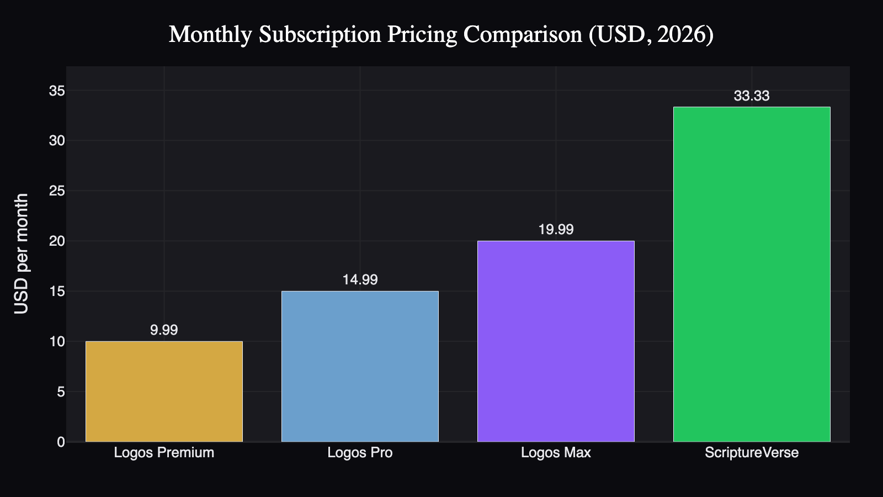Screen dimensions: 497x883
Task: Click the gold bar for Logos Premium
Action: (x=164, y=392)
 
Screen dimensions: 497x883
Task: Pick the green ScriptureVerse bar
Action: (x=752, y=274)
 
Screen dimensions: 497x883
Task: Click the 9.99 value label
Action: (x=164, y=330)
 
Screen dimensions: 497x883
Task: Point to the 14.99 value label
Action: (x=360, y=280)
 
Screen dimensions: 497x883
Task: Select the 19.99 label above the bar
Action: (x=556, y=230)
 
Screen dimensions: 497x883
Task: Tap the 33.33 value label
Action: (x=752, y=96)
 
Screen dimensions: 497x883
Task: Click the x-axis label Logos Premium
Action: (x=164, y=453)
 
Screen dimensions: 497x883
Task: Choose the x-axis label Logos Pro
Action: (x=360, y=453)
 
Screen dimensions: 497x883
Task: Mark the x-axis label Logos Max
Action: (x=556, y=453)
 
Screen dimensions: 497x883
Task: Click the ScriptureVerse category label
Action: (x=752, y=453)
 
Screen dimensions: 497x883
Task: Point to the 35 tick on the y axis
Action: (x=57, y=91)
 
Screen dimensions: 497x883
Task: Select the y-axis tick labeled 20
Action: (x=57, y=241)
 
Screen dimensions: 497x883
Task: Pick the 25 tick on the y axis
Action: (x=57, y=191)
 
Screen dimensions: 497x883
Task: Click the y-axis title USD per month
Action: (x=22, y=253)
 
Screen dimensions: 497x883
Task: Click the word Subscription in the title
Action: (x=320, y=35)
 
